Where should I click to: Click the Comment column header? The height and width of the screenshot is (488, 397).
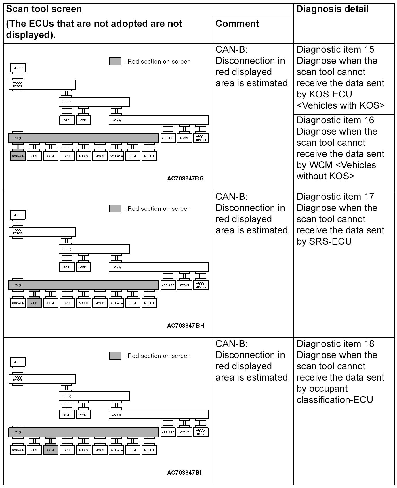coord(237,24)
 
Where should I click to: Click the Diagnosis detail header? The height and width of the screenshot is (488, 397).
coord(332,9)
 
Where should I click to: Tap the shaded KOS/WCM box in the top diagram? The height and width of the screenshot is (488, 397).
coord(18,156)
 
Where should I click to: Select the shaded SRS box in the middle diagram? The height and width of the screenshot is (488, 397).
coord(34,303)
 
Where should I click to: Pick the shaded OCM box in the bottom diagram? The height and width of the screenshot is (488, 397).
coord(51,450)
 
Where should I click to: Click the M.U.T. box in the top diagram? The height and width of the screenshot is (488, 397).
coord(18,68)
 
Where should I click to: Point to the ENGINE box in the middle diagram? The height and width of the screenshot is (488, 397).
coord(201,285)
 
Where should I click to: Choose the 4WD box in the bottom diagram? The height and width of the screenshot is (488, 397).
coord(83,414)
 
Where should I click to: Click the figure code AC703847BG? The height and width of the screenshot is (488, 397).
coord(185,178)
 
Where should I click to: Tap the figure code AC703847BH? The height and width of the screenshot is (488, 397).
coord(186,326)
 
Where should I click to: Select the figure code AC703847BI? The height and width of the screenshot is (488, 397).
coord(184,473)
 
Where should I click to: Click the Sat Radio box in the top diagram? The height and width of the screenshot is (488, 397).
coord(116,156)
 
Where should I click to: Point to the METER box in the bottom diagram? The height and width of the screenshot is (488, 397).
coord(149,450)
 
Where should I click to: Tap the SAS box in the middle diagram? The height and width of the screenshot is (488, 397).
coord(67,267)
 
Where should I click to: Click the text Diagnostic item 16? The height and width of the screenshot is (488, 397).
coord(335,120)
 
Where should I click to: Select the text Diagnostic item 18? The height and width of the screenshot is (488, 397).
coord(335,344)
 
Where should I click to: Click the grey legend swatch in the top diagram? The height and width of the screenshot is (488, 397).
coord(115,62)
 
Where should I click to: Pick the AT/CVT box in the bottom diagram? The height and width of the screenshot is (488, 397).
coord(184,432)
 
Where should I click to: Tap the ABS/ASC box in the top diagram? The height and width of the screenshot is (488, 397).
coord(168,138)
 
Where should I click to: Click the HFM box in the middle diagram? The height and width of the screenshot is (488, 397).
coord(133,303)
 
